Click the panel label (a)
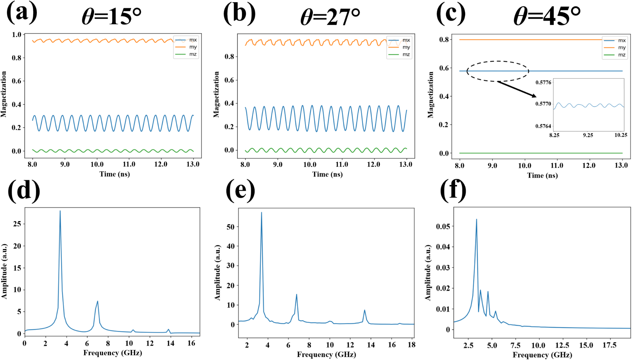(22, 13)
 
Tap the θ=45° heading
(547, 16)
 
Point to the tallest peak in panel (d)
(60, 211)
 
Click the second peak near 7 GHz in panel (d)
(98, 301)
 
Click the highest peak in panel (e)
(261, 213)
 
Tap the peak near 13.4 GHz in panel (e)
(364, 310)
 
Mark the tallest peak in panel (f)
(476, 220)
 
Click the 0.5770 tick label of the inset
(543, 104)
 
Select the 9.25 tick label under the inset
(588, 135)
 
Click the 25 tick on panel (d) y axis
(17, 224)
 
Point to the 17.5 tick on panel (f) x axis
(609, 346)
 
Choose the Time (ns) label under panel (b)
(327, 174)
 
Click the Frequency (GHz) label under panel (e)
(326, 355)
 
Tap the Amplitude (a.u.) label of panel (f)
(428, 273)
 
